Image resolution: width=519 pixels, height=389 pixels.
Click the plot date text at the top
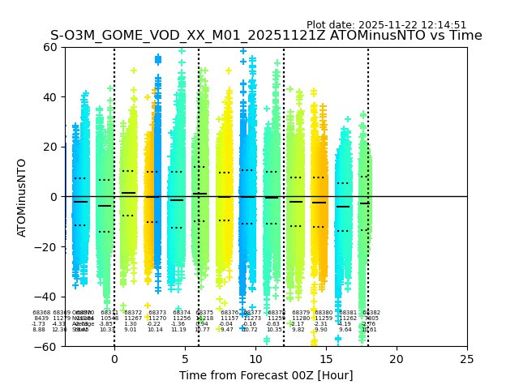386,25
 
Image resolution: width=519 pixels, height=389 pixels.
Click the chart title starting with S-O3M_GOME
266,36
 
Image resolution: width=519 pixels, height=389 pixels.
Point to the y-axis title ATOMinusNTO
23,197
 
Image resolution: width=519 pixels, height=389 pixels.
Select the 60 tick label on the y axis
50,47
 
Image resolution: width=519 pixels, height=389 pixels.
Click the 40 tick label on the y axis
50,97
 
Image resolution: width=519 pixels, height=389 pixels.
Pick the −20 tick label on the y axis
47,247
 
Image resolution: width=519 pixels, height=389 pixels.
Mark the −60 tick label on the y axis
47,347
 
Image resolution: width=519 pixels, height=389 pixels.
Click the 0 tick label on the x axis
114,358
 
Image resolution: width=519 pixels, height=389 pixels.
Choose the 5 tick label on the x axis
185,358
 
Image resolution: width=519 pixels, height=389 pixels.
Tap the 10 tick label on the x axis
255,358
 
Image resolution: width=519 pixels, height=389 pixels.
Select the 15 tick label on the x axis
326,358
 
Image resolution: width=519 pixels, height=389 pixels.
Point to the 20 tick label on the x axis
397,358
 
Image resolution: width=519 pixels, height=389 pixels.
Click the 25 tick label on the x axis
467,358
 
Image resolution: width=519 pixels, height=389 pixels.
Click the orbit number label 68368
41,313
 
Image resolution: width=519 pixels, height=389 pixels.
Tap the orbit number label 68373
157,313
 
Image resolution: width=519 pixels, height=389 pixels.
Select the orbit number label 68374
182,313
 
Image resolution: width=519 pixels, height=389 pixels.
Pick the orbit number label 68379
301,313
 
